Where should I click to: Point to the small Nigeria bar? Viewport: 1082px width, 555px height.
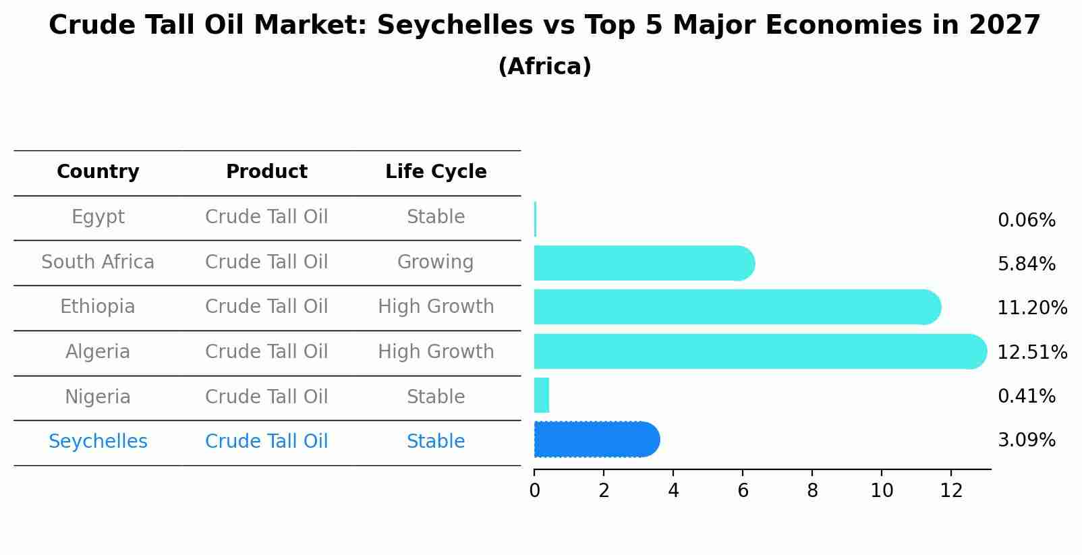542,395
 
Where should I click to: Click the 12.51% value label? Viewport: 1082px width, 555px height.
1032,352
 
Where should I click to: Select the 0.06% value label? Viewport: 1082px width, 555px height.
1026,221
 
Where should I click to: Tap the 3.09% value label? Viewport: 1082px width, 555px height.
1026,440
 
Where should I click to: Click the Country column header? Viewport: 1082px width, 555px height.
98,172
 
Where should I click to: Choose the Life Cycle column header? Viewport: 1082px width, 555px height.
436,172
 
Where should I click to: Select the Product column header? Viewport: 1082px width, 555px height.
266,172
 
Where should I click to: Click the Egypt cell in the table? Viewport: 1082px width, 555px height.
98,217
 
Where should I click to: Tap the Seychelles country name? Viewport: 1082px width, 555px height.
98,442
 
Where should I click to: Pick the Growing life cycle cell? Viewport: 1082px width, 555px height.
435,262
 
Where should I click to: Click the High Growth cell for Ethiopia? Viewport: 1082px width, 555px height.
436,307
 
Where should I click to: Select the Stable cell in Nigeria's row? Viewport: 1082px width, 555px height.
436,397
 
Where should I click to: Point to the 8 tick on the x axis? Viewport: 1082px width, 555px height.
812,490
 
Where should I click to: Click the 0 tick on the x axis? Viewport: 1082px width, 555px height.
534,490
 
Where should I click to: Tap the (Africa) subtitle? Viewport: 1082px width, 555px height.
544,67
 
